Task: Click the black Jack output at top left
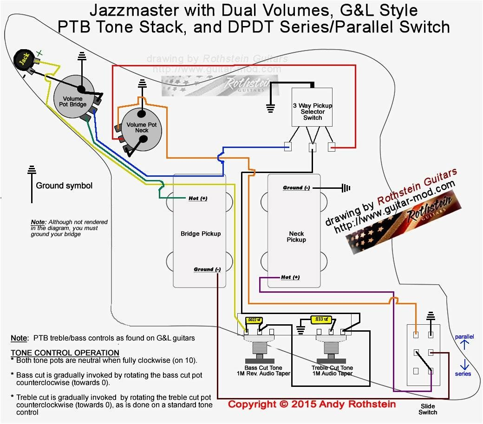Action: (x=21, y=59)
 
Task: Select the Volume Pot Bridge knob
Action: (x=73, y=98)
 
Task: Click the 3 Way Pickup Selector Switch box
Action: (x=312, y=107)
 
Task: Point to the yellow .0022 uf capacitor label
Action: (x=254, y=320)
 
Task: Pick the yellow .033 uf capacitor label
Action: (x=320, y=319)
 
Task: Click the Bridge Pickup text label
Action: (x=201, y=234)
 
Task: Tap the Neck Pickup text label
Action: (x=296, y=237)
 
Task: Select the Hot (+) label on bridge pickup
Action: (x=198, y=199)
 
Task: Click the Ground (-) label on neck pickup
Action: (x=296, y=188)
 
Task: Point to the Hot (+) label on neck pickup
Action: (x=290, y=277)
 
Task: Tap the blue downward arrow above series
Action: (x=464, y=363)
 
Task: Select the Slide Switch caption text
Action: (x=427, y=409)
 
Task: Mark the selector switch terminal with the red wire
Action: (x=332, y=148)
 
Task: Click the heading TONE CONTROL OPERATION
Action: (x=65, y=353)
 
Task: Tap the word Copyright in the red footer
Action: (x=252, y=405)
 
